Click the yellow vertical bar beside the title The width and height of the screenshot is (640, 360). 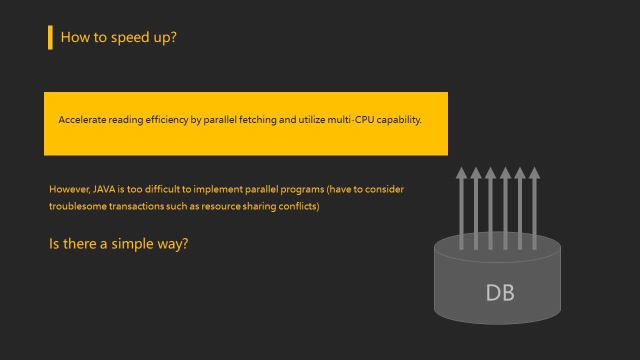coord(50,37)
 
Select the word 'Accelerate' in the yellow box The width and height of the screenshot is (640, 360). coord(82,120)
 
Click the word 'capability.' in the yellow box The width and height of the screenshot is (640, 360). coord(399,120)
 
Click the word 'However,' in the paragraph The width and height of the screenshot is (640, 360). coord(69,189)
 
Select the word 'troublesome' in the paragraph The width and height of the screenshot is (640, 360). coord(77,206)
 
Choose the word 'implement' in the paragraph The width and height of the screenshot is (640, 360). coord(218,189)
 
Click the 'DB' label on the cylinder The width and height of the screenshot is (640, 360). coord(500,293)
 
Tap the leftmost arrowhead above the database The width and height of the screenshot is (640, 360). coord(461,172)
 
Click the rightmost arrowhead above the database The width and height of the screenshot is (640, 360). coord(534,172)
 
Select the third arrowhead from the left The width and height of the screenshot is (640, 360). coord(490,172)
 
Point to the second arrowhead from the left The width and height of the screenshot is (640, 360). coord(475,172)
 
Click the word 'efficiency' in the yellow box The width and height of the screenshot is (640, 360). coord(166,120)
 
